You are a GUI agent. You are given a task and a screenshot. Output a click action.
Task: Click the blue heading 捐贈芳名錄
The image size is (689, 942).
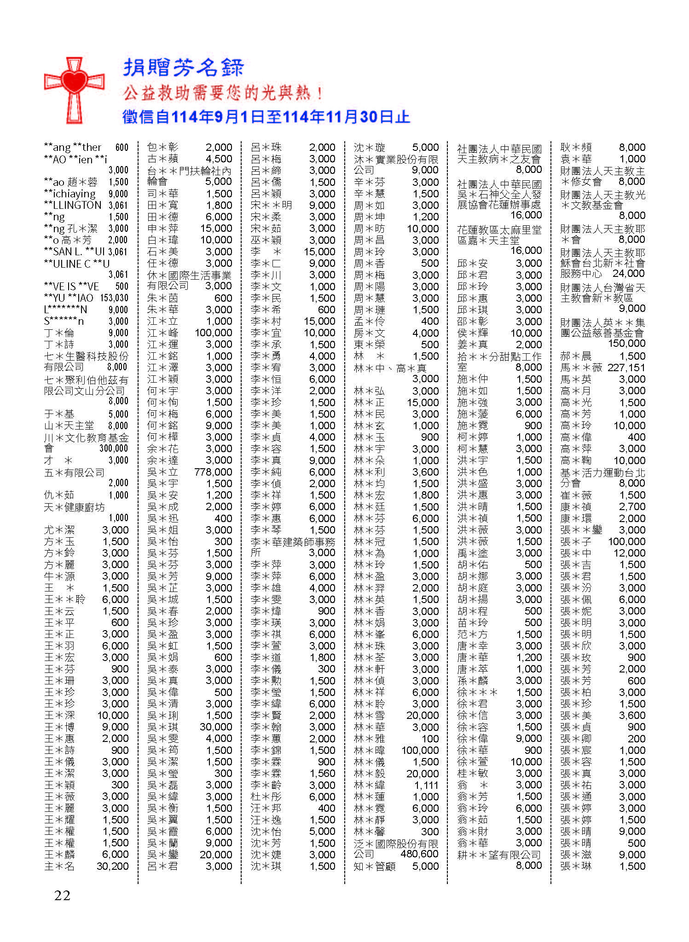[183, 68]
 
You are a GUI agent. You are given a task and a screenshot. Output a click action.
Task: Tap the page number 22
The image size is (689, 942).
[62, 895]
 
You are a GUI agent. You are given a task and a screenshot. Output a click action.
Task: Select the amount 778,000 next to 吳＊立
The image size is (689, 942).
[213, 472]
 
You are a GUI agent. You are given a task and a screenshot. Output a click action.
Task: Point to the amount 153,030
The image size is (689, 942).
[114, 298]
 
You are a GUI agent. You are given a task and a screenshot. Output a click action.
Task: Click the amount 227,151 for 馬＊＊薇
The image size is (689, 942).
[626, 368]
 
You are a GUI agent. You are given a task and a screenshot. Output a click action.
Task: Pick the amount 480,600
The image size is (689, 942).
[419, 854]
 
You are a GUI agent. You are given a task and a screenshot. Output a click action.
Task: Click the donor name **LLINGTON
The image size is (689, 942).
[73, 205]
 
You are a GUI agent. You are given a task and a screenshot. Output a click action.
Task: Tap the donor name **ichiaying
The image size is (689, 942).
[69, 194]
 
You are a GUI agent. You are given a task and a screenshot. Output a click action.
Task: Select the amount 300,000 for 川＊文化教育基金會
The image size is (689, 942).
[114, 448]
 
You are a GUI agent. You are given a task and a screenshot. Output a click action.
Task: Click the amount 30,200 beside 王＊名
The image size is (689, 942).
[112, 866]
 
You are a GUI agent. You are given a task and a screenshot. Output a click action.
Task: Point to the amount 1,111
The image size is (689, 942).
[426, 785]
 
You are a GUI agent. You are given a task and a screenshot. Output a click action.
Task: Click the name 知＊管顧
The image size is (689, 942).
[375, 866]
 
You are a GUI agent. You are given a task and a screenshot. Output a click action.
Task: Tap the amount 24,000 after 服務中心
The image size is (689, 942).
[628, 273]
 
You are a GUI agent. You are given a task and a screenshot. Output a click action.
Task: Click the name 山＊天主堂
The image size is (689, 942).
[69, 425]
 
